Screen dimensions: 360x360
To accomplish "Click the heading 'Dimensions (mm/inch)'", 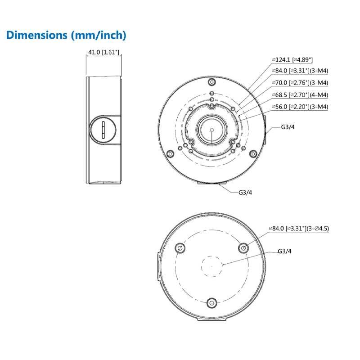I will (66, 35).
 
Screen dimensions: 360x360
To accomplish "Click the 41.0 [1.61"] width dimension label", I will (103, 53).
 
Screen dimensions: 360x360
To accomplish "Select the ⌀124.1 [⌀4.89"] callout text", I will (292, 59).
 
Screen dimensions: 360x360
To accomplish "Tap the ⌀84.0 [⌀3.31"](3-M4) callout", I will (300, 71).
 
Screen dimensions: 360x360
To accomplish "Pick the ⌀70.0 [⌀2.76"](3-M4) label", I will (300, 83).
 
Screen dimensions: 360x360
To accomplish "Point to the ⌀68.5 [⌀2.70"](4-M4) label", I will (300, 95).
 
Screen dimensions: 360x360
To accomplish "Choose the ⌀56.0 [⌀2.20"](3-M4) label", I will (300, 107).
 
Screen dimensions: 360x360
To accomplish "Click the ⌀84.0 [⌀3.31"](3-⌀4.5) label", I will (299, 229).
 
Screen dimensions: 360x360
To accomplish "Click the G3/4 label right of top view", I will (288, 127).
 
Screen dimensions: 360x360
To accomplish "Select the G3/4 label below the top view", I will (245, 193).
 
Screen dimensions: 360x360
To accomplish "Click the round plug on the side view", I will (104, 130).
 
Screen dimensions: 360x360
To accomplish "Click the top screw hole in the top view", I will (211, 82).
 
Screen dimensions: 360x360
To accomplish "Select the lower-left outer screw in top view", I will (170, 154).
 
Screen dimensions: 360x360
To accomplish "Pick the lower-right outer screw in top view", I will (253, 154).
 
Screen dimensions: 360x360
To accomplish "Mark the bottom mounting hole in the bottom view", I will (211, 302).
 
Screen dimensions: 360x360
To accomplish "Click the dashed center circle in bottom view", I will (211, 266).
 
